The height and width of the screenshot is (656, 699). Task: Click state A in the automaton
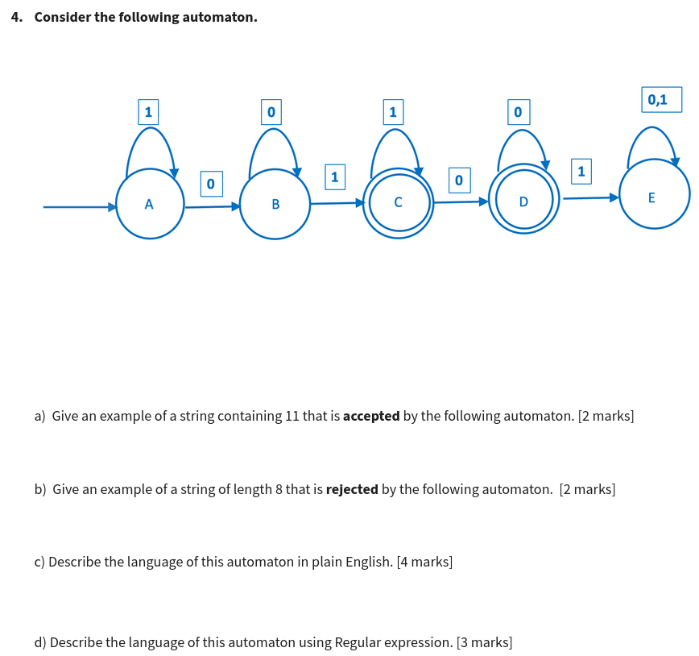(x=149, y=204)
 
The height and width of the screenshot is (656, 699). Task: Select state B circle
(x=275, y=204)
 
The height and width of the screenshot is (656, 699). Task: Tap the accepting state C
(x=399, y=202)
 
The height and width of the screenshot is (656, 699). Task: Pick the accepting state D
(x=523, y=200)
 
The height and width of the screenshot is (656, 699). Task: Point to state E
(x=654, y=196)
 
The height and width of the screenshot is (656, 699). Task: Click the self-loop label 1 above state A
(x=147, y=110)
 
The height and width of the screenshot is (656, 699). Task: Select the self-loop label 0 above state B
(x=271, y=110)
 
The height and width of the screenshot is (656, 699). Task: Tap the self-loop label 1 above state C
(x=392, y=110)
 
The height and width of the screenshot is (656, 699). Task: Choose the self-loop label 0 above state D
(x=517, y=110)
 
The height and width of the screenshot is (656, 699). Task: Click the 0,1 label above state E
(x=661, y=99)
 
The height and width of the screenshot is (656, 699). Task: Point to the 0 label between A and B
(x=211, y=184)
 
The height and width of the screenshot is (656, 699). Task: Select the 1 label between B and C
(x=334, y=176)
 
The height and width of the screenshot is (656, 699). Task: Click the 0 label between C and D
(x=458, y=180)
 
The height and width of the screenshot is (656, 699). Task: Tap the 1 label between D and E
(x=581, y=171)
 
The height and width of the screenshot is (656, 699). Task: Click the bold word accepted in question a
(x=371, y=417)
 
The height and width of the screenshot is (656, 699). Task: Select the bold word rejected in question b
(x=352, y=489)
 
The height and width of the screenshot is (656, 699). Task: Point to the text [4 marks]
(x=424, y=562)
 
